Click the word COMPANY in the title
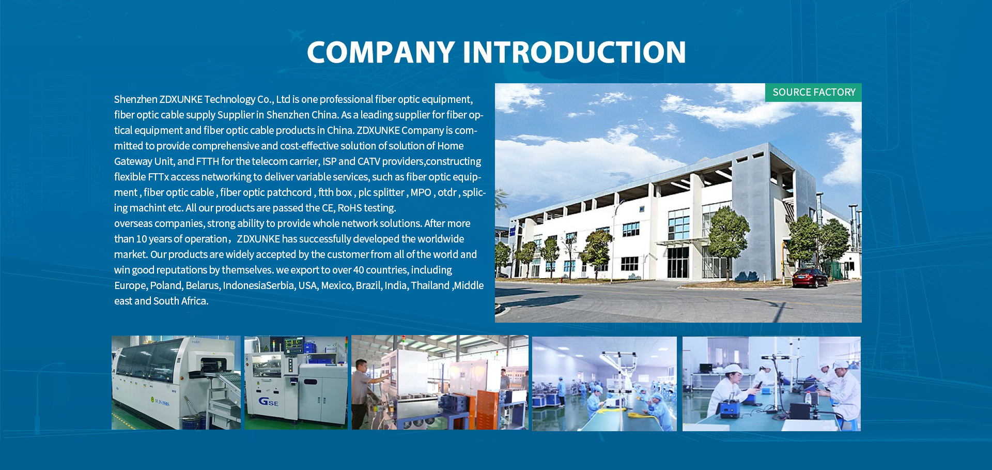tap(381, 52)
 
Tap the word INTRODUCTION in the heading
tap(575, 52)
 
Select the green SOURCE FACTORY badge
tap(814, 93)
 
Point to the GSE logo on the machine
tap(268, 401)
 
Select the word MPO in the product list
tap(421, 192)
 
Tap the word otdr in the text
tap(447, 192)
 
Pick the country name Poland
tap(166, 285)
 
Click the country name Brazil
tap(368, 285)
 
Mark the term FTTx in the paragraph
tap(158, 177)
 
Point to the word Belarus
tap(203, 285)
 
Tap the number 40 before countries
tap(359, 270)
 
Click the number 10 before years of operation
tap(142, 239)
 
